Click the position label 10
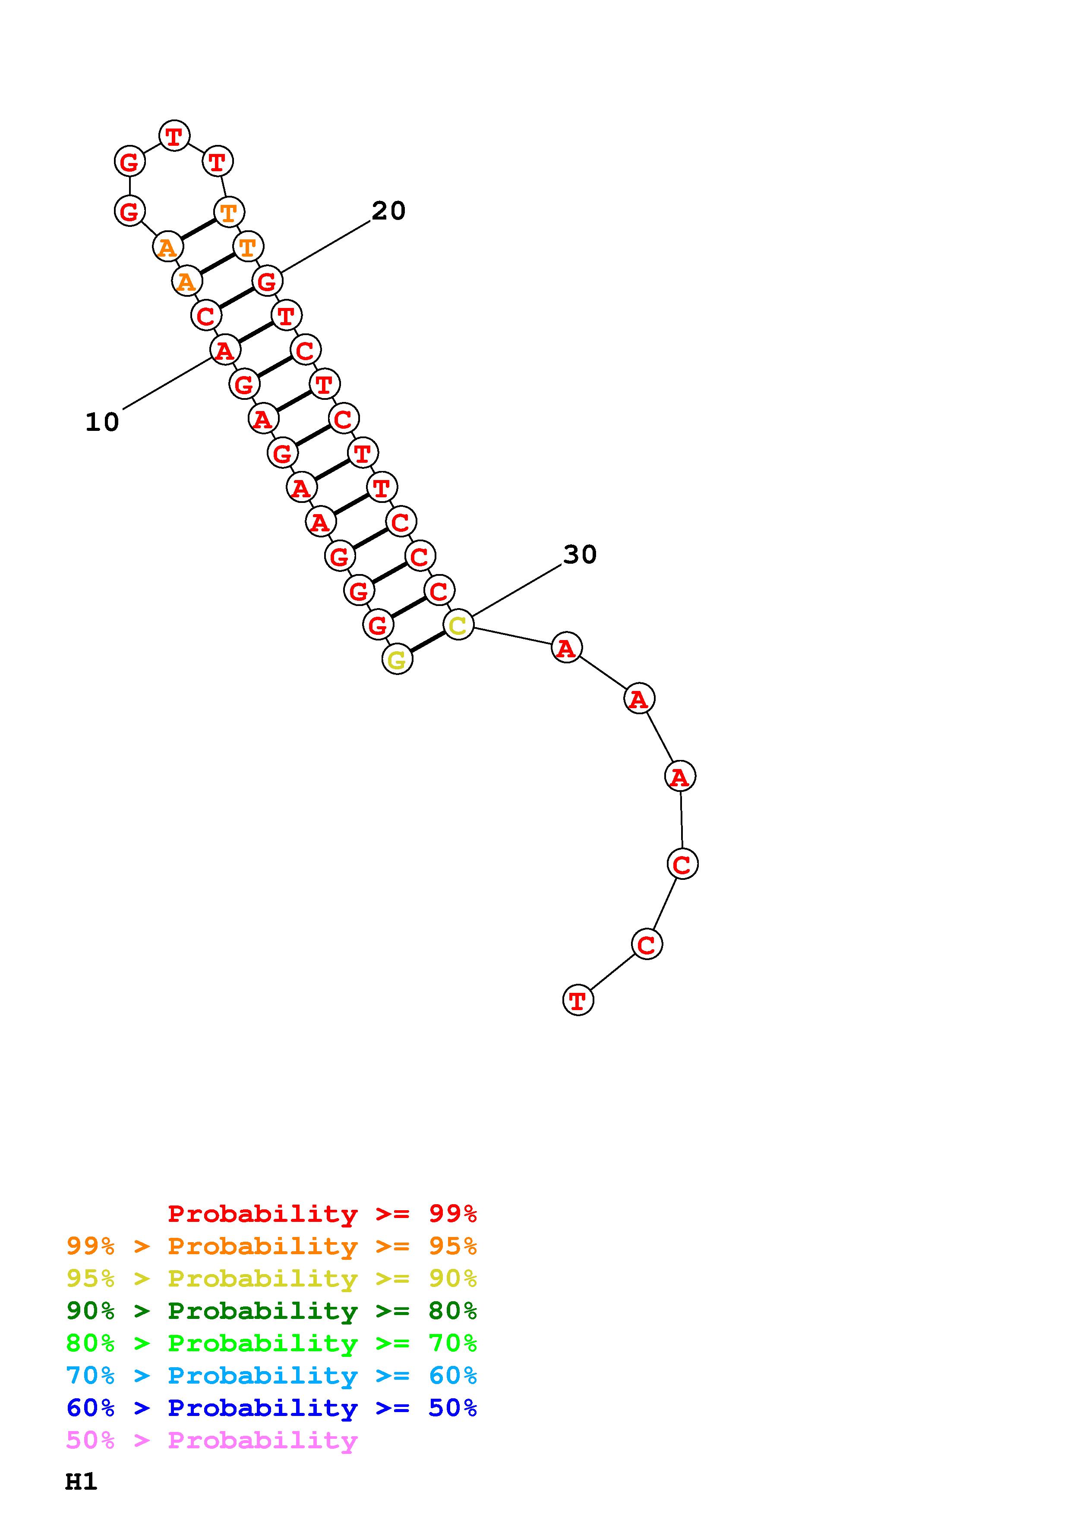[102, 422]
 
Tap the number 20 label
[388, 211]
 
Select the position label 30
[580, 554]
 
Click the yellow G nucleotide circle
[397, 659]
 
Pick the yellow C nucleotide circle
[458, 624]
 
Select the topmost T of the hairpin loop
[174, 136]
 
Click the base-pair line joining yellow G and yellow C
[428, 642]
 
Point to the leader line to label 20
[326, 246]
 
